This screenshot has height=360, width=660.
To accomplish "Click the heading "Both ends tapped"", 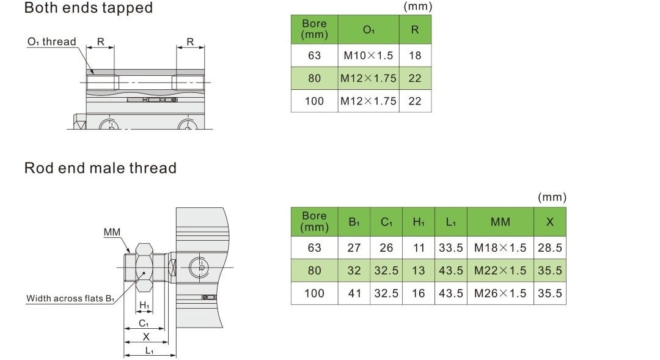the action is tap(89, 7).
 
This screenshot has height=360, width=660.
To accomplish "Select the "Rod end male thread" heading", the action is tap(100, 168).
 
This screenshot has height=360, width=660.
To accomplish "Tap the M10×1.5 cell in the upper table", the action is tap(369, 56).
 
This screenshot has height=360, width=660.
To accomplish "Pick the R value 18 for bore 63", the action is tap(414, 56).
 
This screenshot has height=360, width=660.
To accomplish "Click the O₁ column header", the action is tap(369, 30).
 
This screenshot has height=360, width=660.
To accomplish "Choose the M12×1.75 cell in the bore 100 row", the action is tap(369, 101).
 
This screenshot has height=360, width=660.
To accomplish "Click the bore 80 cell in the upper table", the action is tap(315, 78).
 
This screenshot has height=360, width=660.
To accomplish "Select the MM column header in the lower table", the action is tap(500, 222).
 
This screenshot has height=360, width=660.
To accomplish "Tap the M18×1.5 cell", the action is tap(500, 248).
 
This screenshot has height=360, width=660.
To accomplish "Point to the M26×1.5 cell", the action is tap(500, 293).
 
